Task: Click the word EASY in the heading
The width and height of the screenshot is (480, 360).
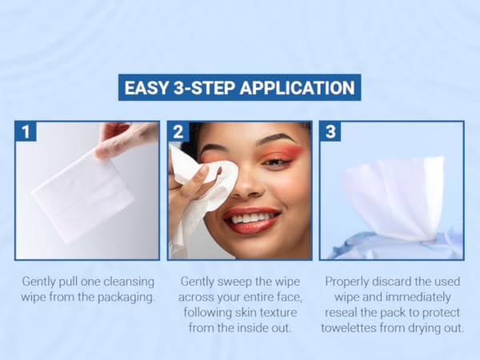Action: [146, 88]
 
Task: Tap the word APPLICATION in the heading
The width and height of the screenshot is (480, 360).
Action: [298, 88]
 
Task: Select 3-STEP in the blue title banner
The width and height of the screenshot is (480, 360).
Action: [203, 88]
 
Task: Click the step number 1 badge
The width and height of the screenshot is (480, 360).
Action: [26, 132]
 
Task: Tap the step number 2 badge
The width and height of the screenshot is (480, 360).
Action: [178, 132]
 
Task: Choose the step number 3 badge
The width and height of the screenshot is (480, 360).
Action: [330, 132]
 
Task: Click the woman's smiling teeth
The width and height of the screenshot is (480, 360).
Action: [250, 218]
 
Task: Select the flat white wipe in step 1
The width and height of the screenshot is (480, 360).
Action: [82, 196]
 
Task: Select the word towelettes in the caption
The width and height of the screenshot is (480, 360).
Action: [349, 328]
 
